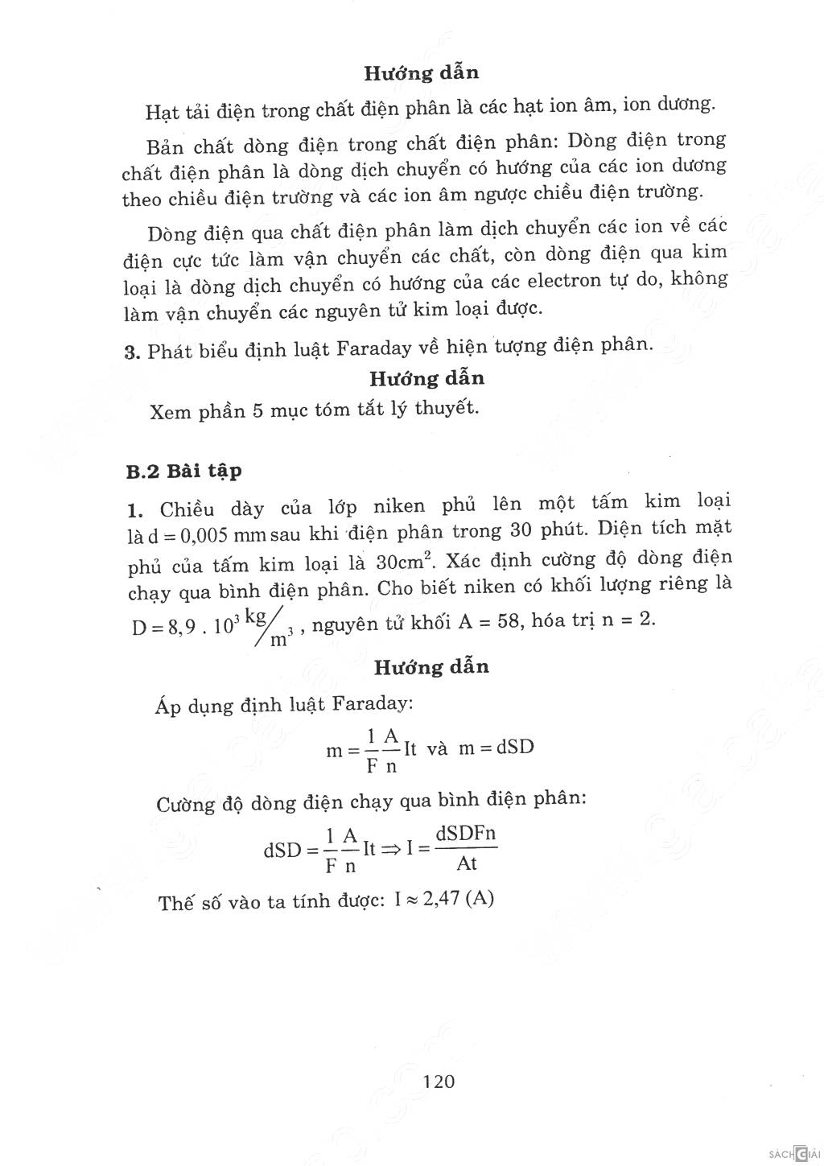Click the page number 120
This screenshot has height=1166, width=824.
click(x=439, y=1081)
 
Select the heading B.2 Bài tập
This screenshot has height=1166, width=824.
click(x=183, y=472)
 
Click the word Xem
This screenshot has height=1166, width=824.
click(x=170, y=413)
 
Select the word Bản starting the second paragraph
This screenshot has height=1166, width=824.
click(x=165, y=147)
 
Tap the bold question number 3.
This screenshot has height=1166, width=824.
click(x=133, y=352)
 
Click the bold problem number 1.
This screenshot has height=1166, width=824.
click(x=134, y=509)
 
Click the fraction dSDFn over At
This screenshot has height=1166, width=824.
click(x=466, y=848)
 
